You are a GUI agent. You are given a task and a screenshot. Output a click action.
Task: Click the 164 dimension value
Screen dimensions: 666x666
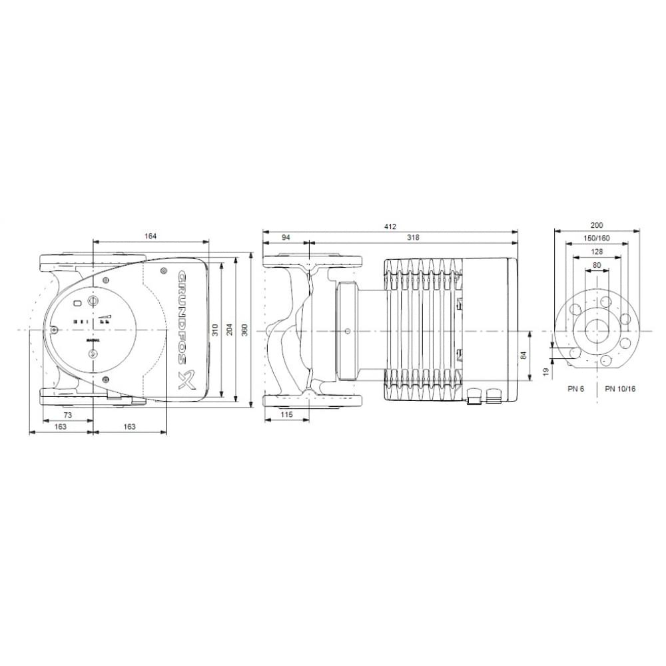click(x=150, y=235)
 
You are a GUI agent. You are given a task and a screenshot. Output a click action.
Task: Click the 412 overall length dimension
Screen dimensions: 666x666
click(x=390, y=226)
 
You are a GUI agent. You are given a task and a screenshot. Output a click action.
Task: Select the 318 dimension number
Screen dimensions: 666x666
click(x=413, y=237)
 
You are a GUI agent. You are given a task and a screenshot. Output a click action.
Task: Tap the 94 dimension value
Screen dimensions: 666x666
click(x=286, y=237)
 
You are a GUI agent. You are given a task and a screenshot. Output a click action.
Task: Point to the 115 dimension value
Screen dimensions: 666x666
click(x=286, y=415)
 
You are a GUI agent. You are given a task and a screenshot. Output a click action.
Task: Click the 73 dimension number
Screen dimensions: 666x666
click(x=68, y=415)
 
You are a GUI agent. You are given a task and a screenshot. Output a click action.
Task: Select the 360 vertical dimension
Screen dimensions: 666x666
click(x=244, y=330)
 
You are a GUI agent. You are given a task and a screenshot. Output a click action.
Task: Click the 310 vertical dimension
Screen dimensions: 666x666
click(x=214, y=330)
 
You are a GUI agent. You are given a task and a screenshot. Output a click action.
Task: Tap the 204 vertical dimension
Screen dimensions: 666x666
click(x=229, y=330)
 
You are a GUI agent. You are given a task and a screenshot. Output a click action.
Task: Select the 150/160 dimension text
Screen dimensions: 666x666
click(x=597, y=238)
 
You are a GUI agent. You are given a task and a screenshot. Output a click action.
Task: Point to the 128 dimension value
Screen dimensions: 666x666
click(x=597, y=252)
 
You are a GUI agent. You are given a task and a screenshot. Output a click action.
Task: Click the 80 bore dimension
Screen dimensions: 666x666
click(x=597, y=265)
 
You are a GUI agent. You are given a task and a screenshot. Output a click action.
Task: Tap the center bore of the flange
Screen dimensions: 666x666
click(x=597, y=331)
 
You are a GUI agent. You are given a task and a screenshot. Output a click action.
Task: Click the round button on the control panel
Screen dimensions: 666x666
click(x=93, y=302)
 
